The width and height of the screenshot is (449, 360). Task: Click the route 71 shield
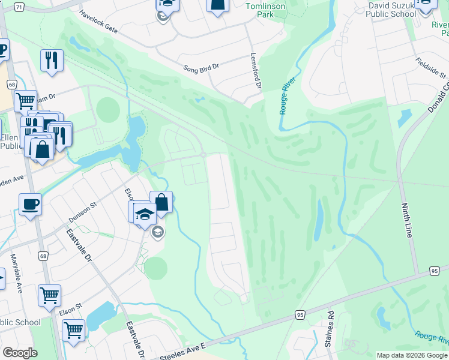[x=19, y=7]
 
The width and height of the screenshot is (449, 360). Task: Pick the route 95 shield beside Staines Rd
[x=300, y=314]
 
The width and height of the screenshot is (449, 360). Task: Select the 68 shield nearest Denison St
[x=43, y=256]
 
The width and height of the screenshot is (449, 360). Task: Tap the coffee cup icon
[x=30, y=205]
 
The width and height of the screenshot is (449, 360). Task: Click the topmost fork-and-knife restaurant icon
[x=52, y=60]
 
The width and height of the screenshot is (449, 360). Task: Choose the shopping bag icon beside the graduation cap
[x=161, y=202]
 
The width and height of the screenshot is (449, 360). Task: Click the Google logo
[x=20, y=353]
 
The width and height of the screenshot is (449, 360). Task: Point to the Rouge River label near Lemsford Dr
[x=288, y=97]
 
